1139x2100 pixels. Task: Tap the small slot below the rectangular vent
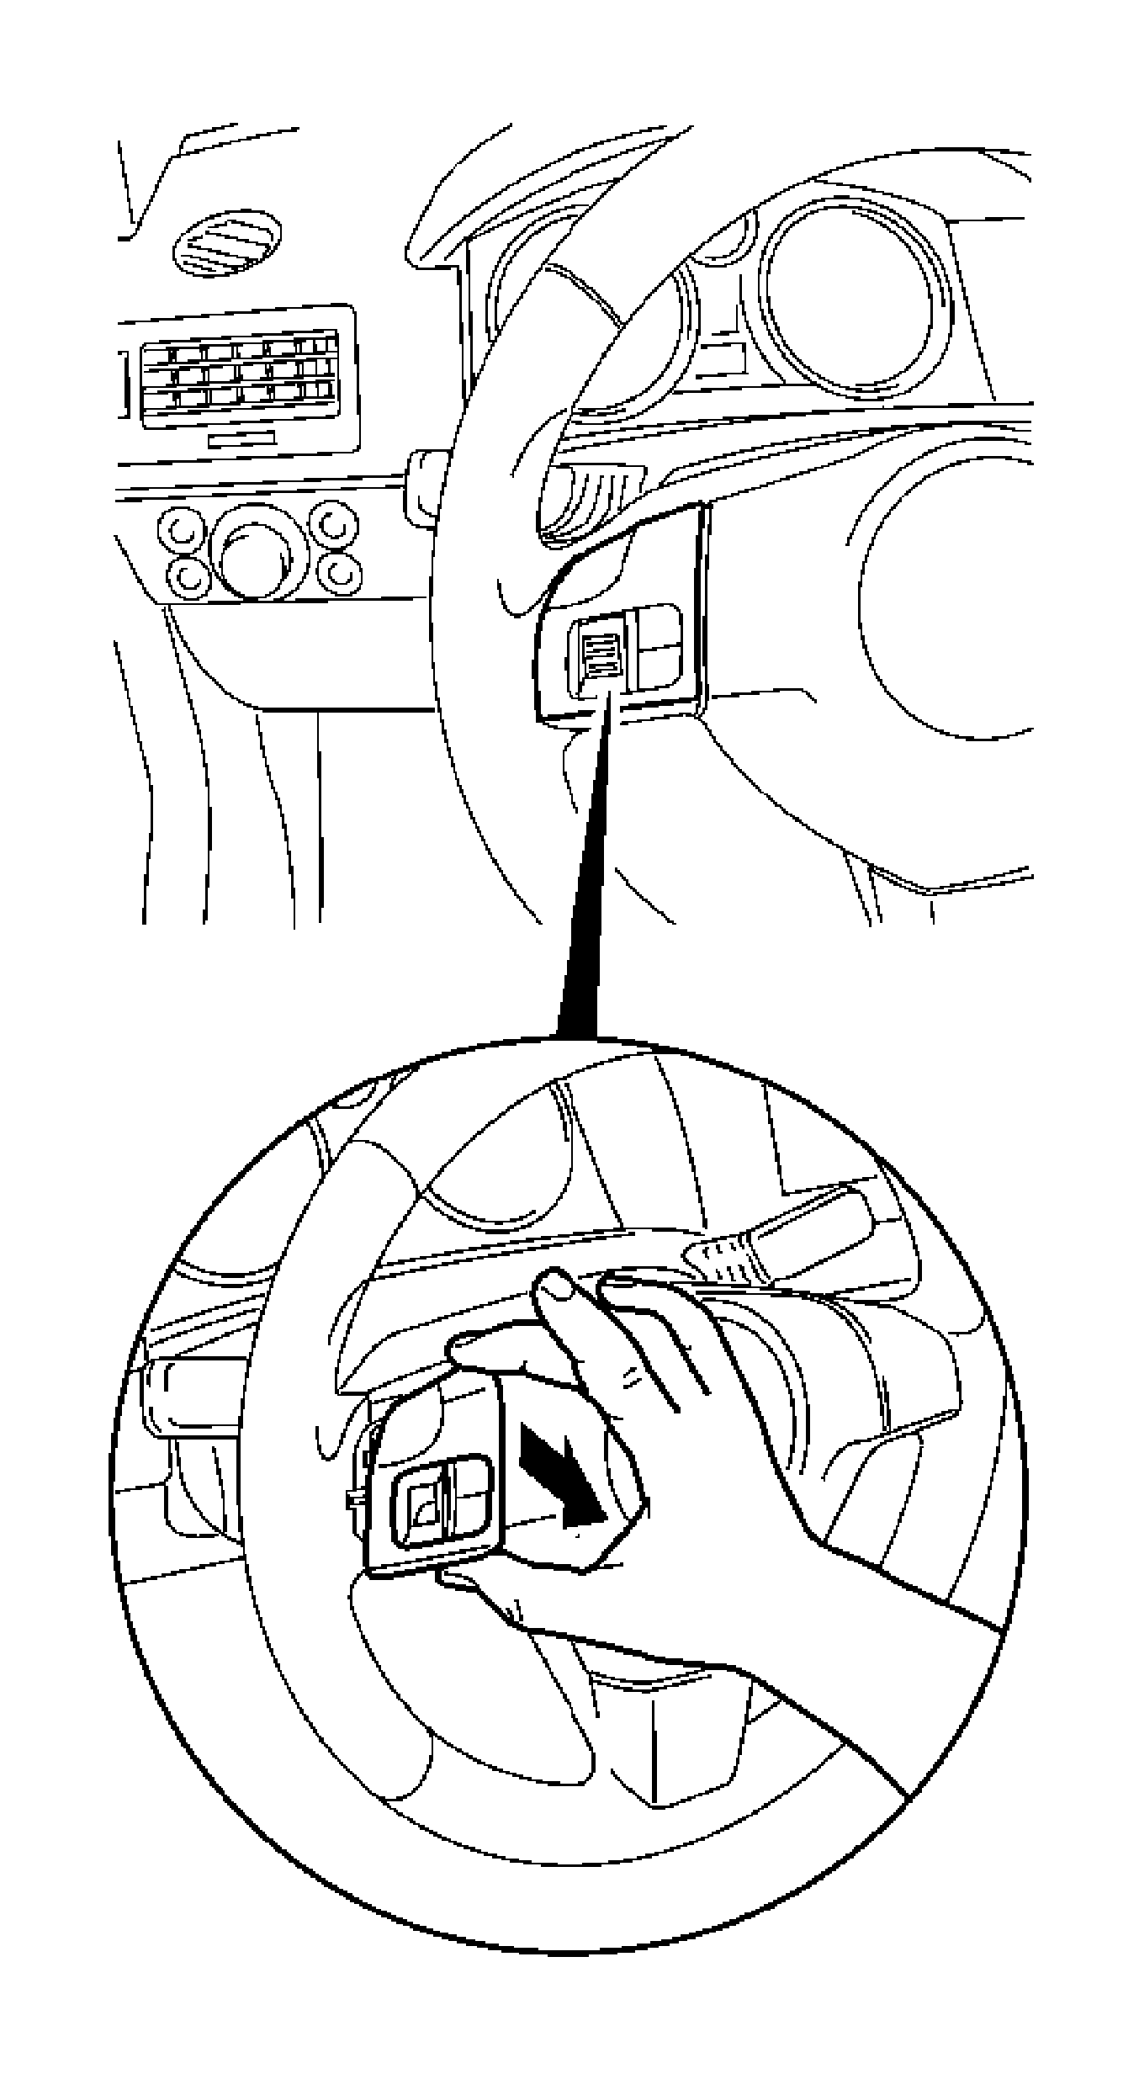(x=242, y=439)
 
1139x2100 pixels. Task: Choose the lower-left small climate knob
(x=188, y=575)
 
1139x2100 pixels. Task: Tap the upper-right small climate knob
(x=334, y=523)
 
